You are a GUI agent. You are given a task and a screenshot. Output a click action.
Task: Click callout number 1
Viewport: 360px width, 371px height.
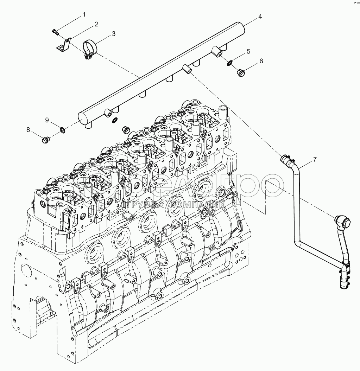tap(84, 14)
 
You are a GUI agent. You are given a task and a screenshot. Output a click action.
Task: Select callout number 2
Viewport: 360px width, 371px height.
tap(96, 24)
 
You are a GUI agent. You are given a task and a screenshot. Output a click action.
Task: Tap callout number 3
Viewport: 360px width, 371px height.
tap(113, 34)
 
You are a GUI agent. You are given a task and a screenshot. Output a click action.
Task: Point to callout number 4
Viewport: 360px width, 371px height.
tap(260, 16)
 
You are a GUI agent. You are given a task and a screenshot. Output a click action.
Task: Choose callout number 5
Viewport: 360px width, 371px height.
tap(248, 51)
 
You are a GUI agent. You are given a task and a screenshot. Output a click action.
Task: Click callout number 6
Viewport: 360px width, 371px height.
tap(261, 61)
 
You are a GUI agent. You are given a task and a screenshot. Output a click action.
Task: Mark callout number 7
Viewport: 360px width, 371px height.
tap(315, 159)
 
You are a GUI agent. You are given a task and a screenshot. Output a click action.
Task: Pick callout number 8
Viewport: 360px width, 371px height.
tap(29, 129)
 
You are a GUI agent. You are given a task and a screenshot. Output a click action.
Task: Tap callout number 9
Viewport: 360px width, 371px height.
tap(47, 120)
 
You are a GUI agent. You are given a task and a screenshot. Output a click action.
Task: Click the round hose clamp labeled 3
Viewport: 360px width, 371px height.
tap(90, 49)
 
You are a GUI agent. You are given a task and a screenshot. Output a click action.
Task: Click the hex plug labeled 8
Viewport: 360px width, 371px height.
tap(45, 140)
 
